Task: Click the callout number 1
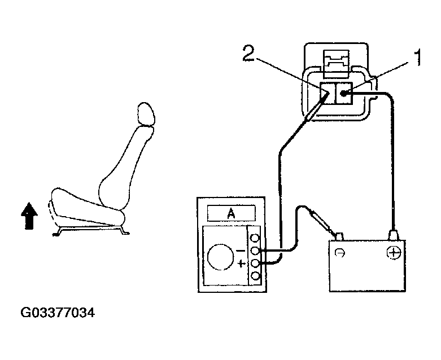(418, 58)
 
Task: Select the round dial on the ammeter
(220, 257)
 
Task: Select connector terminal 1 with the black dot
(343, 93)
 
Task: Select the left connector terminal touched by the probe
(326, 94)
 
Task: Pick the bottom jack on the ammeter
(255, 276)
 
